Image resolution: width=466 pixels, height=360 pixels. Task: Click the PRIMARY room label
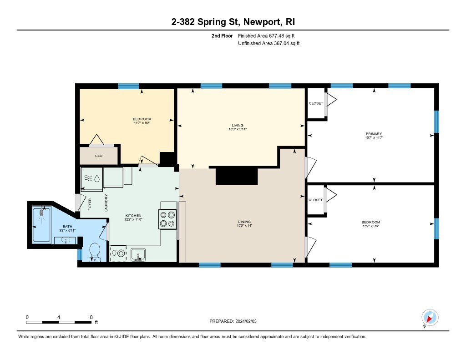(x=374, y=134)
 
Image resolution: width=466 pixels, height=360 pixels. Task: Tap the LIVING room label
(x=238, y=125)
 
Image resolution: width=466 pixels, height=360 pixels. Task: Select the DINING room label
(x=244, y=222)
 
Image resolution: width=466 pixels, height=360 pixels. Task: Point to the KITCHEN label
(x=133, y=216)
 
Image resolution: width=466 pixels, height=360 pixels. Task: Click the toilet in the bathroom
(x=95, y=252)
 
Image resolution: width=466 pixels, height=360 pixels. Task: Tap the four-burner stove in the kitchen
(x=167, y=219)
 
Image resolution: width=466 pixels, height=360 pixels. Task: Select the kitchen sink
(x=138, y=255)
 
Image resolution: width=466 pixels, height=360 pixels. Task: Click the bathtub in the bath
(x=41, y=225)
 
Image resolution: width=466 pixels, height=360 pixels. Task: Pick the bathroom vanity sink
(x=65, y=240)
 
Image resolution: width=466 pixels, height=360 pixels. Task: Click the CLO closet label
(x=99, y=156)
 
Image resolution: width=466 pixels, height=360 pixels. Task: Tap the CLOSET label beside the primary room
(x=316, y=103)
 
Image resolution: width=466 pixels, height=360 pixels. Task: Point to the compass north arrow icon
(x=430, y=318)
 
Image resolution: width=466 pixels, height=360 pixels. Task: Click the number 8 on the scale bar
(x=91, y=317)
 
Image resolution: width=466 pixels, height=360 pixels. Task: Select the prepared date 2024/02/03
(x=246, y=321)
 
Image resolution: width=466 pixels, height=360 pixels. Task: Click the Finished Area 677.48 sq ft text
(x=266, y=35)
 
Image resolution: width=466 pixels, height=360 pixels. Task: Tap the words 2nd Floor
(x=222, y=35)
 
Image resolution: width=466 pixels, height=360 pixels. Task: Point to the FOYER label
(x=90, y=204)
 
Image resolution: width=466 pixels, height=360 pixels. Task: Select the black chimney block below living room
(x=237, y=175)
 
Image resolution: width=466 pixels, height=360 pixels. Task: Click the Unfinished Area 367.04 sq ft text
(x=268, y=43)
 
